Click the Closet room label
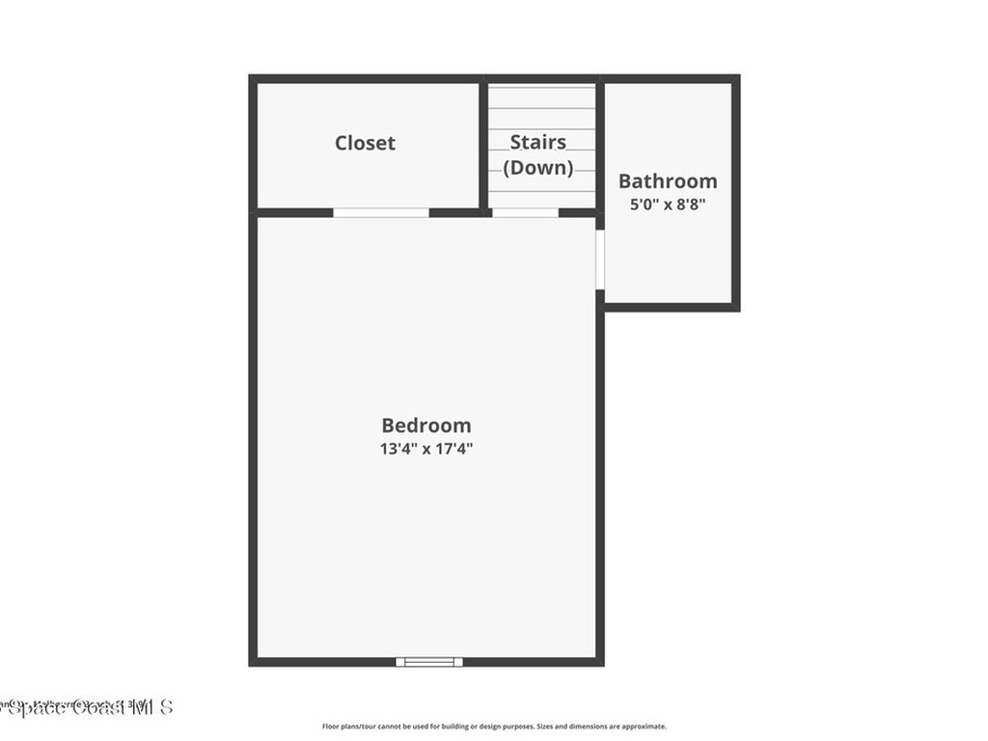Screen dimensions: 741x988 [365, 143]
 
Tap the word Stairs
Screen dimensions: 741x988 [537, 143]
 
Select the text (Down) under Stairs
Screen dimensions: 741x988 [537, 167]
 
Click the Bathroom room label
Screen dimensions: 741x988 [668, 180]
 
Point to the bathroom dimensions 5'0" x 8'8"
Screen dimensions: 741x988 [668, 204]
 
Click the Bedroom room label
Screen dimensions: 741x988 [426, 425]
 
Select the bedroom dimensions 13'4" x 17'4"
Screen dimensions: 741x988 [426, 449]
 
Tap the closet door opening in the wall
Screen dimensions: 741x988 [381, 212]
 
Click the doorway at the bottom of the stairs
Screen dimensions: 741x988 [525, 212]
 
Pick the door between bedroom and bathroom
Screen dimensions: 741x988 [599, 259]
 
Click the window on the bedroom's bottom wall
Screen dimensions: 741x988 [429, 662]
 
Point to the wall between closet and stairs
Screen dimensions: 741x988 [482, 145]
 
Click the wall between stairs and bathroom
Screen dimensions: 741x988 [599, 145]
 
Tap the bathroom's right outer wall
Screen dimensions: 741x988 [735, 193]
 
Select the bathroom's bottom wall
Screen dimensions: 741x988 [671, 307]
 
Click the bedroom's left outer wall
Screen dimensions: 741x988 [253, 434]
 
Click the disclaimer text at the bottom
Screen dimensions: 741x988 [494, 727]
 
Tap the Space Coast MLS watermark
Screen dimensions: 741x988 [87, 707]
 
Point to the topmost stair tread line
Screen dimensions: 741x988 [540, 89]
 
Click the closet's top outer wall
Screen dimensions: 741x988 [367, 78]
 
